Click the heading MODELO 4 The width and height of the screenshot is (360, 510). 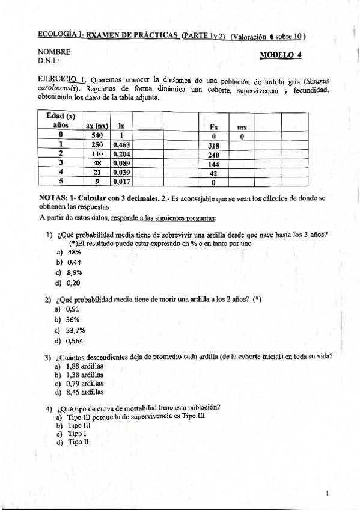(x=281, y=55)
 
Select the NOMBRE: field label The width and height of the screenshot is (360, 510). (x=55, y=52)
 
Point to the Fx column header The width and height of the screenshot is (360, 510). (x=213, y=127)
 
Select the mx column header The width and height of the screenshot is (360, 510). (x=242, y=127)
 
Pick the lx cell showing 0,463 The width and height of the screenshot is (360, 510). (x=121, y=145)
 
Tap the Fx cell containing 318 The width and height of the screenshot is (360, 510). (x=213, y=145)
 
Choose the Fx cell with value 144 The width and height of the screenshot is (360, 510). (x=213, y=163)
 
